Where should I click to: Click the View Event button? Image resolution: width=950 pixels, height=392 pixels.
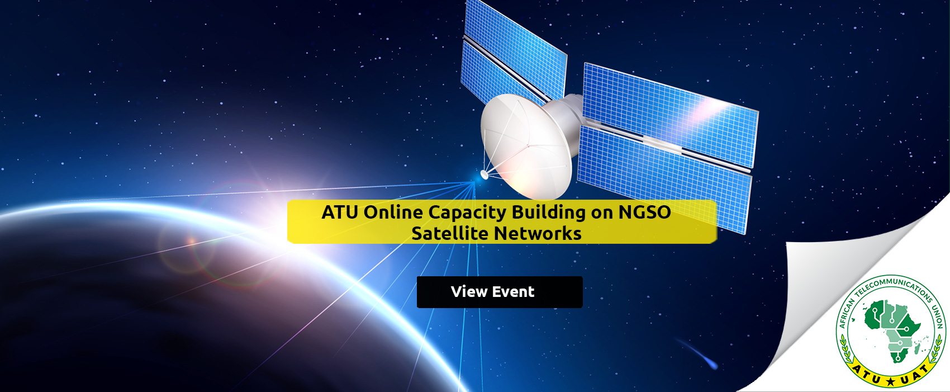pyautogui.click(x=500, y=292)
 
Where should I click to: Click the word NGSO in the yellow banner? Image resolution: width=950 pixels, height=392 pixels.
pyautogui.click(x=644, y=212)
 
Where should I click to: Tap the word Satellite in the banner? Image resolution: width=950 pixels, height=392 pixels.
pyautogui.click(x=449, y=233)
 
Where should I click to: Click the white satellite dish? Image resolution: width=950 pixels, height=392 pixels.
pyautogui.click(x=526, y=147)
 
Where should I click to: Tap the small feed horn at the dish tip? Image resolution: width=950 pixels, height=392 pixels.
pyautogui.click(x=484, y=174)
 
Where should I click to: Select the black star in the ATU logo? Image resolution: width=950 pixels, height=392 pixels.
pyautogui.click(x=890, y=381)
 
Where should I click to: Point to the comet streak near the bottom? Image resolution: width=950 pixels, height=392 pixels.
pyautogui.click(x=697, y=353)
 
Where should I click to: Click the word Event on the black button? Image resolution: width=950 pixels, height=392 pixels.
pyautogui.click(x=514, y=292)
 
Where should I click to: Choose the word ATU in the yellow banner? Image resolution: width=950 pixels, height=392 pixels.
pyautogui.click(x=340, y=212)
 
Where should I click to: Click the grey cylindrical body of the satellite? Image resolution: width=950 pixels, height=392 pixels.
pyautogui.click(x=560, y=123)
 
